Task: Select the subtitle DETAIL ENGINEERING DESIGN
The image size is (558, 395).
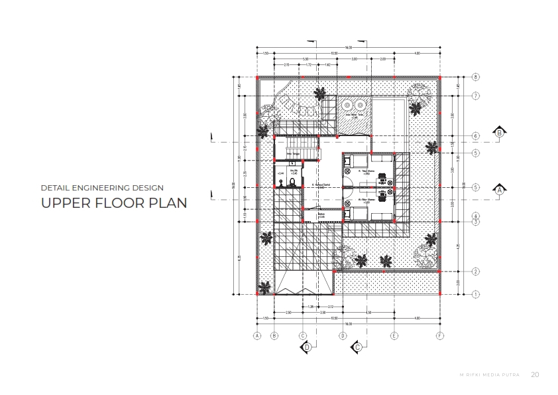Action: tap(102, 188)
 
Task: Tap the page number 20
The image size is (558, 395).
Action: tap(535, 374)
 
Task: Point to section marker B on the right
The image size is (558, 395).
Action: tap(499, 132)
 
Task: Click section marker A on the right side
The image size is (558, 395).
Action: tap(499, 190)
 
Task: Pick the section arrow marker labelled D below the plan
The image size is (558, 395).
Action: tap(307, 347)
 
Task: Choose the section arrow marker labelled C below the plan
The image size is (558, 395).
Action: tap(357, 347)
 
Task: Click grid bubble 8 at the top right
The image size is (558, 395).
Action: tap(476, 77)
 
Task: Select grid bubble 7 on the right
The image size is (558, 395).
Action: tap(476, 96)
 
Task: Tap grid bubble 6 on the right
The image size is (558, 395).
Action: tap(476, 136)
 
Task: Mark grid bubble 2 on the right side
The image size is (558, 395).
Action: tap(476, 271)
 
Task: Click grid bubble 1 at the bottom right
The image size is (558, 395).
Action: tap(476, 293)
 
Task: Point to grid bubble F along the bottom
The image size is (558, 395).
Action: tap(439, 336)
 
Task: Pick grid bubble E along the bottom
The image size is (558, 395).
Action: tap(394, 336)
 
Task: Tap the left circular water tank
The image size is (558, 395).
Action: tap(347, 104)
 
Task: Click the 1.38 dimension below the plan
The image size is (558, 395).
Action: tap(310, 306)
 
